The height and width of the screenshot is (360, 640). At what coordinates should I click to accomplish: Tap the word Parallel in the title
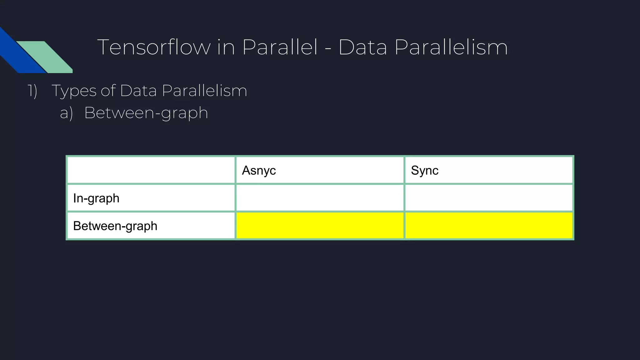point(280,47)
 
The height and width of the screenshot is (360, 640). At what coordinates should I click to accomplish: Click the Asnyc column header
point(259,171)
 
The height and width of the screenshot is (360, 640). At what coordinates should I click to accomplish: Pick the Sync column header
point(424,171)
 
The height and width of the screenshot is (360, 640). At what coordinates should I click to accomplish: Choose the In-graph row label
point(96,198)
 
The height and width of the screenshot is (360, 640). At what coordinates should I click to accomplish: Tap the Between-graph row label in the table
point(115,226)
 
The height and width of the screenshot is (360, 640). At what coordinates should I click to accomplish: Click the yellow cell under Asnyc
point(320,226)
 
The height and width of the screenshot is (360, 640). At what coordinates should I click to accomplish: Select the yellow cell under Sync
point(489,226)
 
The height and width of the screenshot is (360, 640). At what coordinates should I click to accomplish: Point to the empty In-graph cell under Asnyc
point(320,198)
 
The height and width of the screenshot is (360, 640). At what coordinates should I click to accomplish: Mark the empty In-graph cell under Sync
point(489,198)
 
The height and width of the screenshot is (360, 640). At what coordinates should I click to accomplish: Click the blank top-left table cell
point(151,170)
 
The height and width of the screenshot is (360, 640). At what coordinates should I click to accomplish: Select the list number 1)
point(32,91)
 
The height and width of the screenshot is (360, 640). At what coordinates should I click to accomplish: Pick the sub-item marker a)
point(66,113)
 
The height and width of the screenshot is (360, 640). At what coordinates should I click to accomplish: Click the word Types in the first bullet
point(74,91)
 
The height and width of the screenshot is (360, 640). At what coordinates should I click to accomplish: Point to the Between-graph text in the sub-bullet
point(146,113)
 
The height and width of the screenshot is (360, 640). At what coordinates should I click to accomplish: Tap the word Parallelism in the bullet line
point(204,91)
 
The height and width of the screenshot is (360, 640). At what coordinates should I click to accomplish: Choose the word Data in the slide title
point(362,47)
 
